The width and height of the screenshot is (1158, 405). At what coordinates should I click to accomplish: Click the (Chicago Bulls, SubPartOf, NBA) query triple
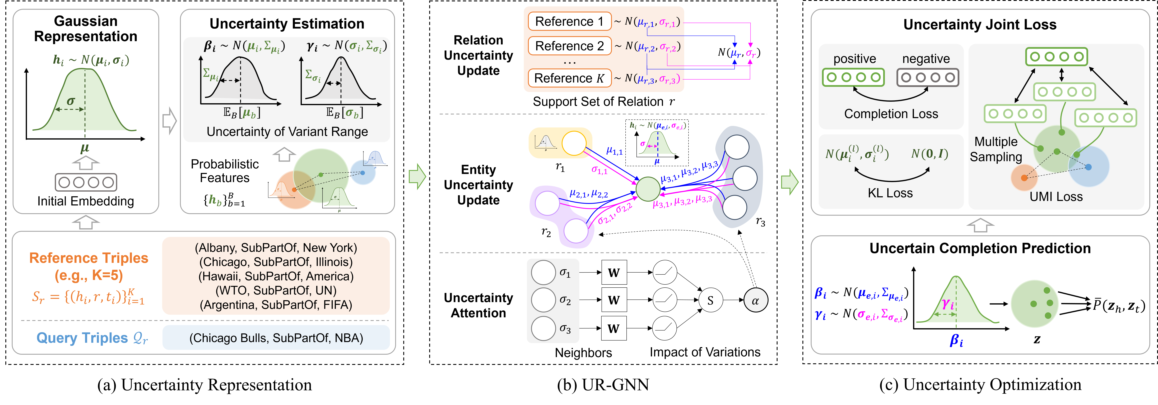[276, 338]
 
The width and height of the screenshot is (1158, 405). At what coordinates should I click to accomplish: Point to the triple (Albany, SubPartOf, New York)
[276, 248]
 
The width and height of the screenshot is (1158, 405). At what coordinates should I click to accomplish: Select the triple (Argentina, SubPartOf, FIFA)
[276, 305]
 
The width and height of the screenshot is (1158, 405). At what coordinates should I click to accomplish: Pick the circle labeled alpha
[756, 300]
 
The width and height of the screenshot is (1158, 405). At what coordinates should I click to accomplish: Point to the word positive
[855, 59]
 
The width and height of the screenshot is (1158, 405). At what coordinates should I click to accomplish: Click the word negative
[926, 59]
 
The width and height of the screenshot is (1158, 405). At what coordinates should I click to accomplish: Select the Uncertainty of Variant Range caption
[287, 132]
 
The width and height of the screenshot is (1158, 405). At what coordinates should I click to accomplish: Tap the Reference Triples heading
[89, 258]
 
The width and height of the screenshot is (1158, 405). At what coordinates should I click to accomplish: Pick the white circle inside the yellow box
[574, 143]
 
